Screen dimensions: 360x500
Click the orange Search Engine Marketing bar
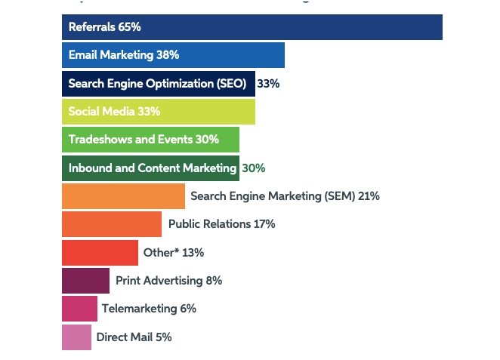[123, 196]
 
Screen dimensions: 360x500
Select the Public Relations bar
[111, 224]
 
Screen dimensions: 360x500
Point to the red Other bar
[100, 252]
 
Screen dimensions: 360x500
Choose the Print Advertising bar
[85, 281]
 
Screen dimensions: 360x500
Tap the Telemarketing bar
[79, 309]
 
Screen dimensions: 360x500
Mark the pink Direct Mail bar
[76, 337]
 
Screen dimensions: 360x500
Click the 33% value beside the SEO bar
[268, 84]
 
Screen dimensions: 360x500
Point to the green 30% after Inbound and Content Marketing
[254, 168]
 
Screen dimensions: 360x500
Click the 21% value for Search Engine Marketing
[369, 196]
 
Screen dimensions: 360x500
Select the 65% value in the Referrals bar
[130, 27]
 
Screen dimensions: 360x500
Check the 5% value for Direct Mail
[164, 337]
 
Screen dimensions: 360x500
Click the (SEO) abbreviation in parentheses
[230, 84]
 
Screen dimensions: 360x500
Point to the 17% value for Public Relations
[264, 224]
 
